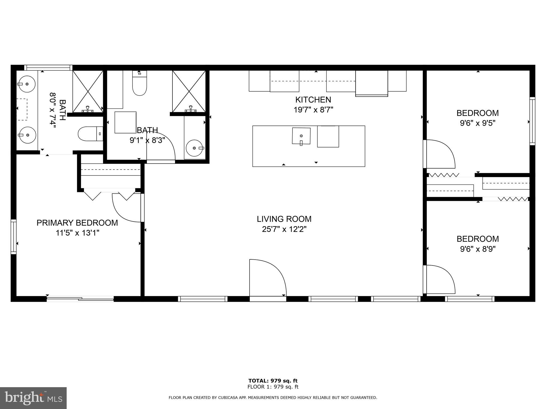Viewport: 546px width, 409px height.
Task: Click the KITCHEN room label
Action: click(x=313, y=100)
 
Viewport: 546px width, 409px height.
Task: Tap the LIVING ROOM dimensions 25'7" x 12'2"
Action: click(x=284, y=229)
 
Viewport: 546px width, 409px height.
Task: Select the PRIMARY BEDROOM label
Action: click(x=77, y=223)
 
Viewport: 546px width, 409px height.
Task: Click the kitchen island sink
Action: click(x=301, y=136)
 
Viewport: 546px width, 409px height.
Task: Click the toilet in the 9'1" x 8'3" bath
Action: click(x=140, y=83)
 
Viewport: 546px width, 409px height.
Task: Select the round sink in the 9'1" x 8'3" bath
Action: click(x=195, y=148)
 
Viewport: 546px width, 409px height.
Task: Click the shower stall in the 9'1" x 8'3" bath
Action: click(x=189, y=91)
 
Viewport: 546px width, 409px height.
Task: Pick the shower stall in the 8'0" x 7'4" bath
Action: click(x=88, y=91)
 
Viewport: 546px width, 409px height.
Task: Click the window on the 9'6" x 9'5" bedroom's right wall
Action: click(x=532, y=121)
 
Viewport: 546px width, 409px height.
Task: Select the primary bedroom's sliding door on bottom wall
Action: click(x=80, y=299)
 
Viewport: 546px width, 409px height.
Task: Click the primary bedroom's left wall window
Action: click(x=13, y=237)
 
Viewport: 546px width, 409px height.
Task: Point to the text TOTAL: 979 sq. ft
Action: click(x=273, y=381)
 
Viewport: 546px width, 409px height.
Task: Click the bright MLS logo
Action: click(x=33, y=398)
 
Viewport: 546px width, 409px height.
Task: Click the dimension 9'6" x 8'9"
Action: click(x=477, y=249)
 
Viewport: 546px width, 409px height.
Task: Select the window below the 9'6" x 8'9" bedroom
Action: click(x=469, y=299)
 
